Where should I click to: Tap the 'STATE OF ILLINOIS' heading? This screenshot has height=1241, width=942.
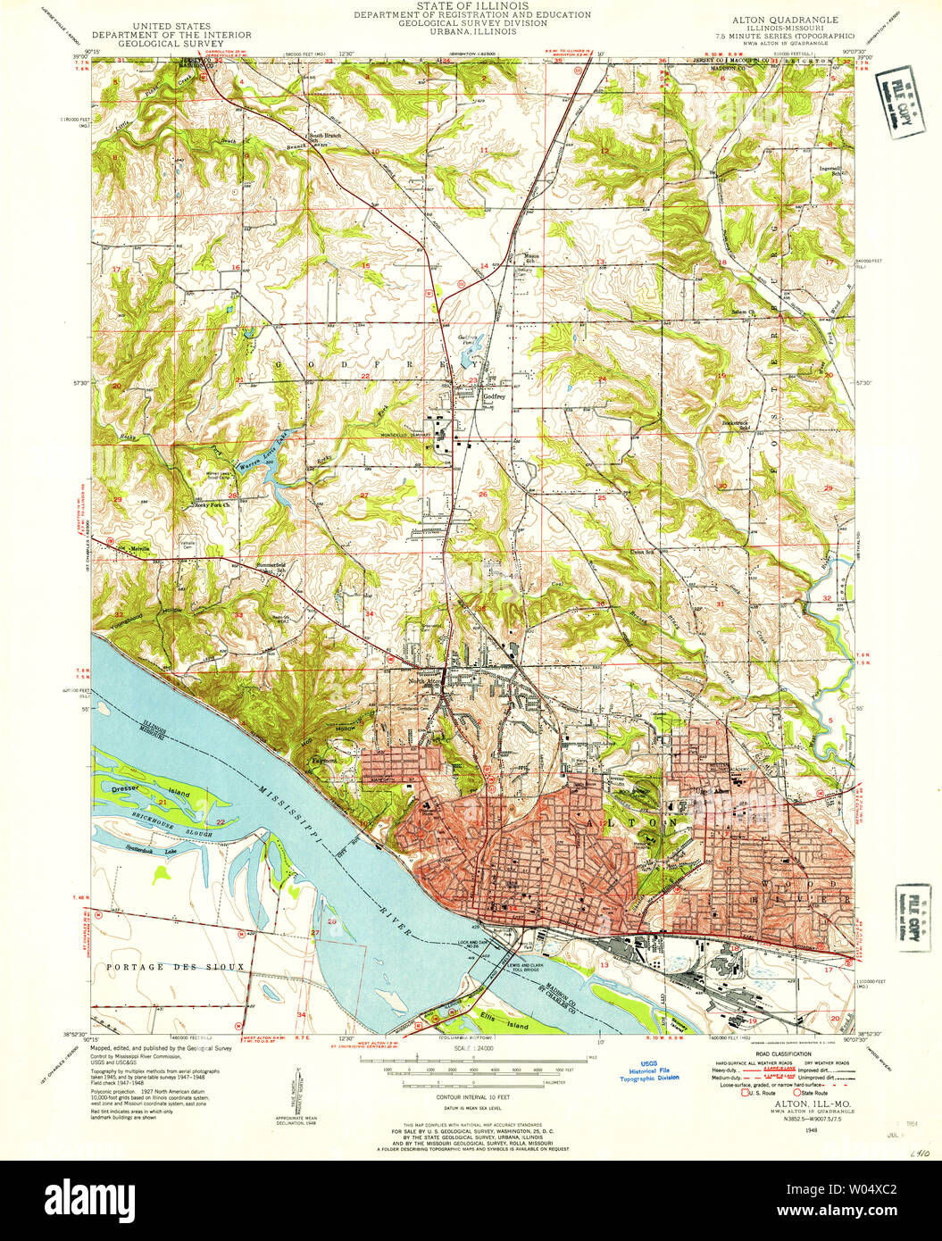click(471, 5)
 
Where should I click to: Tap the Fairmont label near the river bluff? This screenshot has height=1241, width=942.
click(321, 760)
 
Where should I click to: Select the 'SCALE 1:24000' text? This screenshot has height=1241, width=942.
click(471, 1047)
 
